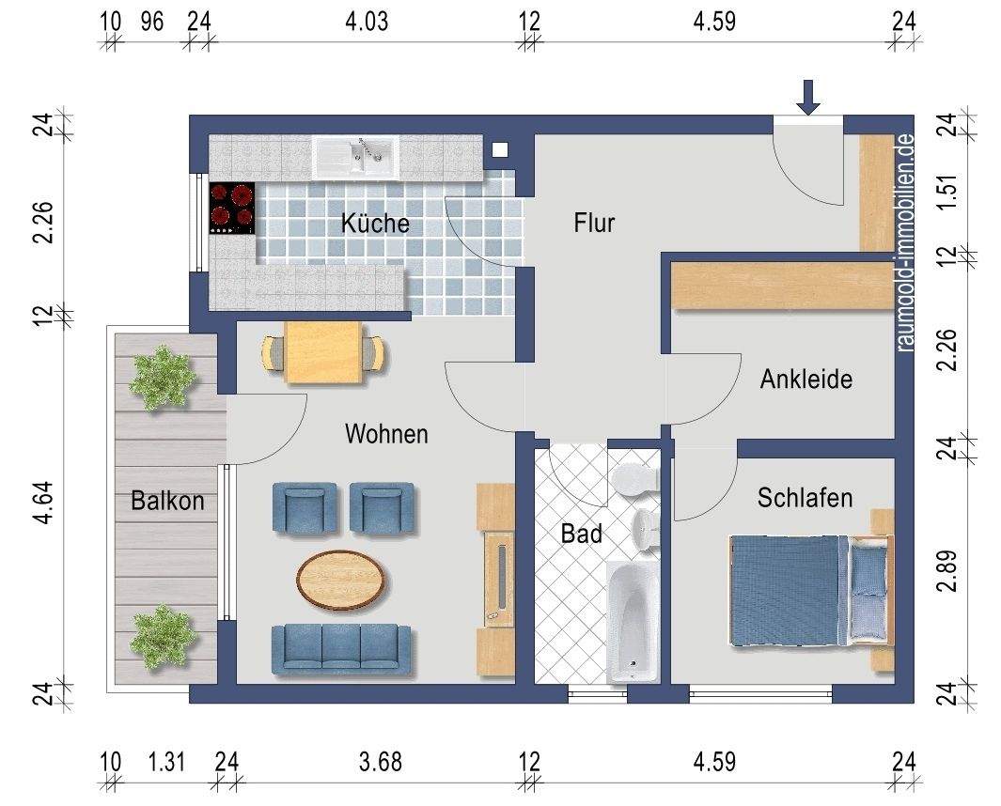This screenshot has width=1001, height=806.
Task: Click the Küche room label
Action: click(x=375, y=224)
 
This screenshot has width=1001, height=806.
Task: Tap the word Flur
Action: click(x=594, y=223)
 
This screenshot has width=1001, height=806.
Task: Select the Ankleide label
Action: click(x=805, y=380)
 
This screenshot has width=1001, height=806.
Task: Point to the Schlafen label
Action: click(x=805, y=497)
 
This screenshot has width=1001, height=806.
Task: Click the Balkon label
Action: click(x=167, y=501)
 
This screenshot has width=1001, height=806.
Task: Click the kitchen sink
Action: click(x=357, y=156)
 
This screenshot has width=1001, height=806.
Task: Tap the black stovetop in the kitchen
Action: click(x=232, y=208)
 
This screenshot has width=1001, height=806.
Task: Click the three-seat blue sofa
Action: click(x=341, y=649)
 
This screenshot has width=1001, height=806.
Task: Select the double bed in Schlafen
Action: click(x=808, y=590)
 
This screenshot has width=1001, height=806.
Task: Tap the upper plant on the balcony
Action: click(x=163, y=376)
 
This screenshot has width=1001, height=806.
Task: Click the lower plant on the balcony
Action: click(x=164, y=636)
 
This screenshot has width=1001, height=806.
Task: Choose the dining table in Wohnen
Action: click(x=323, y=352)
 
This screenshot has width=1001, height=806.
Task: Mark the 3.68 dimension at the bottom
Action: click(x=382, y=761)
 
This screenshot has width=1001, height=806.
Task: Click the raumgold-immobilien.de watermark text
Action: click(x=906, y=241)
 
